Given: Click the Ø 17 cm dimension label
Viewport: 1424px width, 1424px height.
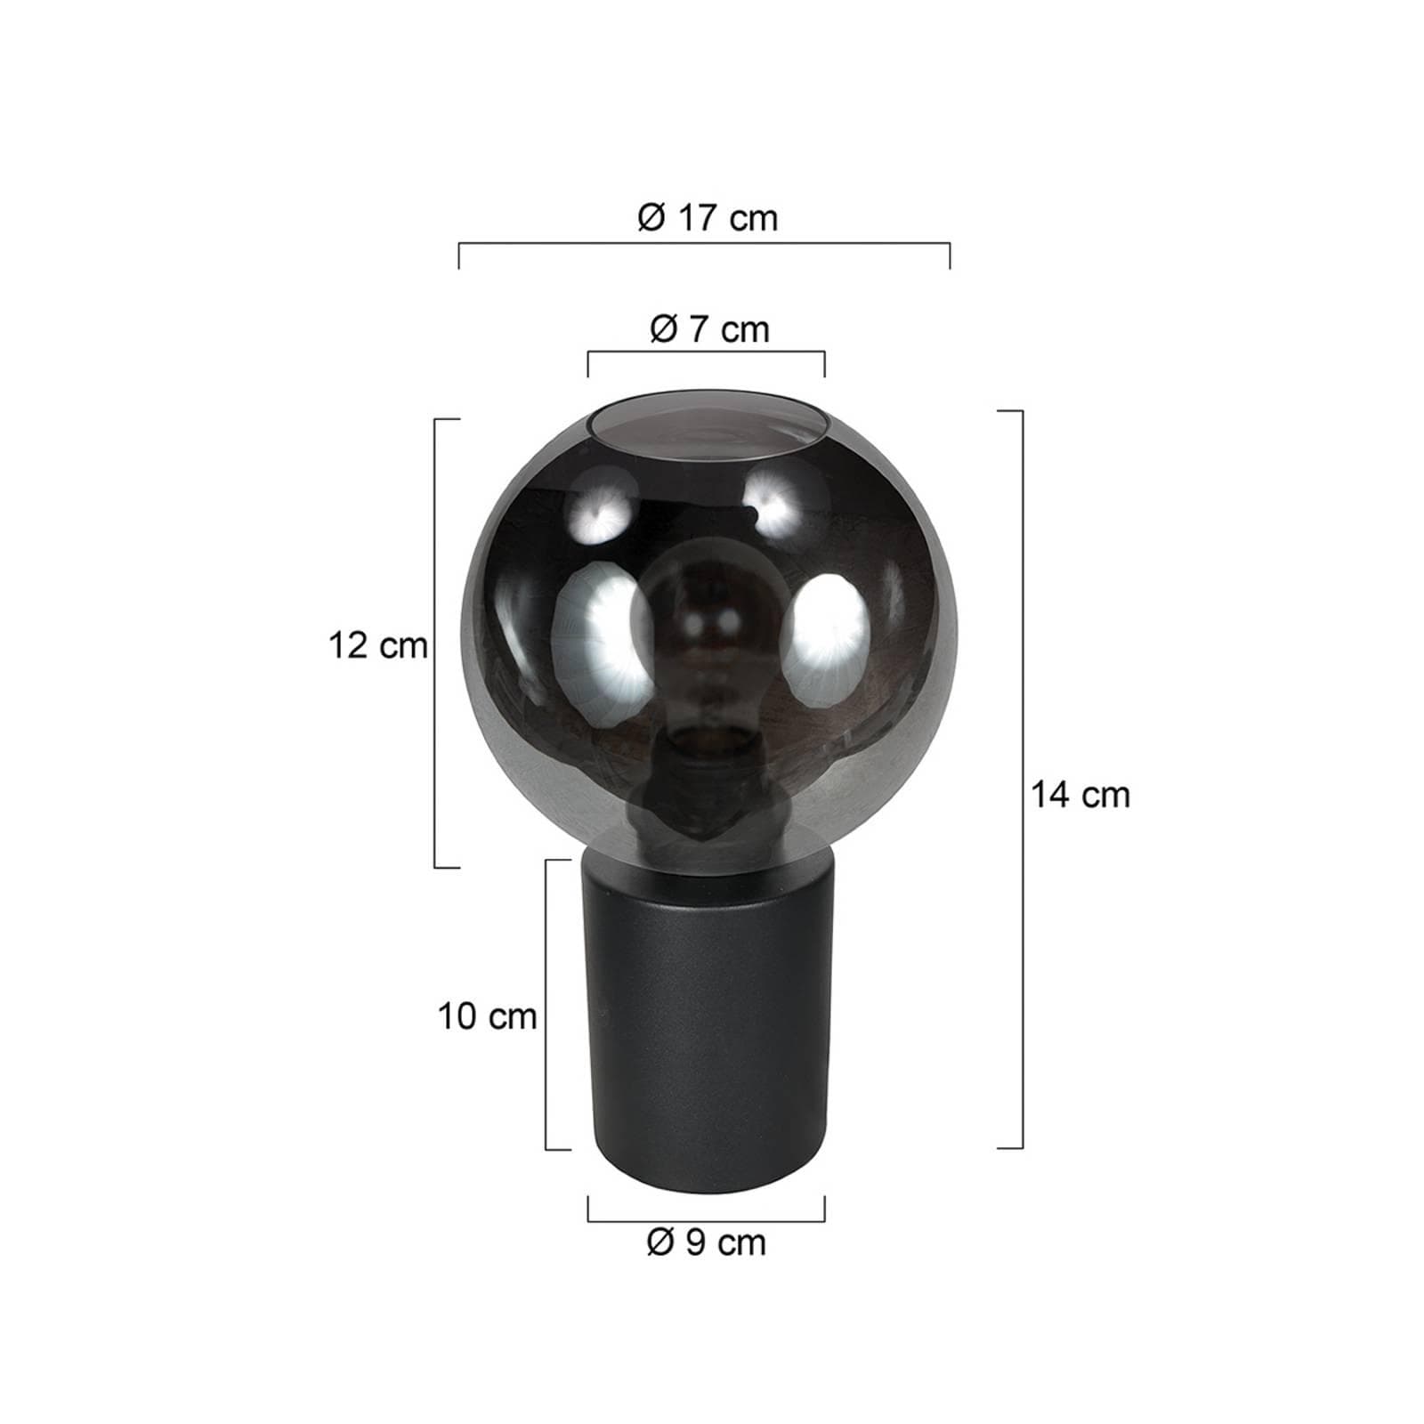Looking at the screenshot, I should [x=708, y=218].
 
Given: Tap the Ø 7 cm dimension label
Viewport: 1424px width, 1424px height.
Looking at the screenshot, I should [x=708, y=330].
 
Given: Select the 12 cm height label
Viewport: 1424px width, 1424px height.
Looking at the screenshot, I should [x=377, y=645].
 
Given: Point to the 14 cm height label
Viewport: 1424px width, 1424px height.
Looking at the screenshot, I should [x=1080, y=794].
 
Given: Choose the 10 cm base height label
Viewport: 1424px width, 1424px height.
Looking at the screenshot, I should [x=487, y=1016].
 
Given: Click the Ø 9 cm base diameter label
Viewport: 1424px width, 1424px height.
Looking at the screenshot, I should [x=706, y=1242].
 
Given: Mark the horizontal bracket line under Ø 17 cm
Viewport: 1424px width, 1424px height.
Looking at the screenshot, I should [x=704, y=243].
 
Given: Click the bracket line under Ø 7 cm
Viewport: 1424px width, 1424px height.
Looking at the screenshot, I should [x=706, y=352].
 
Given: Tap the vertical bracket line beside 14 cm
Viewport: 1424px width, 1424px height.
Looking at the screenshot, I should [x=1023, y=779].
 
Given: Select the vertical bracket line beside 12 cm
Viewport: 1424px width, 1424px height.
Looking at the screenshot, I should [x=434, y=643].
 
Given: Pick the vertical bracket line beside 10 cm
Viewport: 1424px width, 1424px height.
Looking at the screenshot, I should [x=546, y=1004].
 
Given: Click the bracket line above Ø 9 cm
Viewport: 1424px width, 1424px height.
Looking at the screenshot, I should [x=706, y=1220].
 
